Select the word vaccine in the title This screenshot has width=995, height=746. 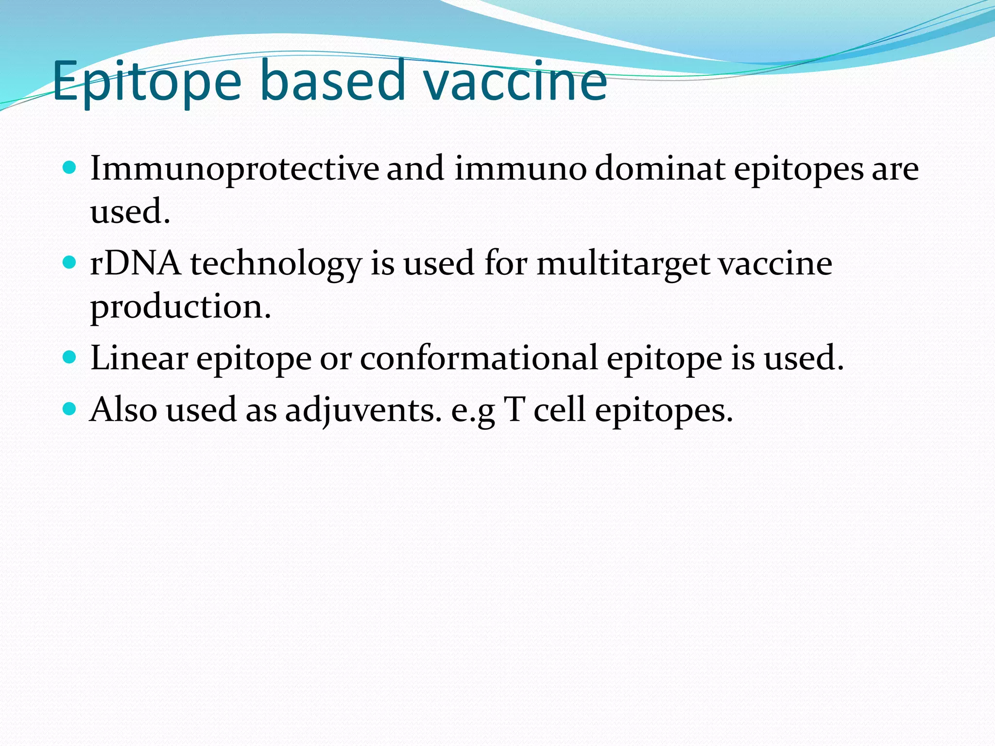coord(515,82)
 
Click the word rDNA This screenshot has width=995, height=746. coord(136,264)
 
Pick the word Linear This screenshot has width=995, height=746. coord(139,358)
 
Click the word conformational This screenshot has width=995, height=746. coord(479,358)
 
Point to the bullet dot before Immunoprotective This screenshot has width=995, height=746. coord(70,168)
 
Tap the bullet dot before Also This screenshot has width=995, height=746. coord(70,409)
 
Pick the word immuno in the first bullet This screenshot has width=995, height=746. coord(520,169)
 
